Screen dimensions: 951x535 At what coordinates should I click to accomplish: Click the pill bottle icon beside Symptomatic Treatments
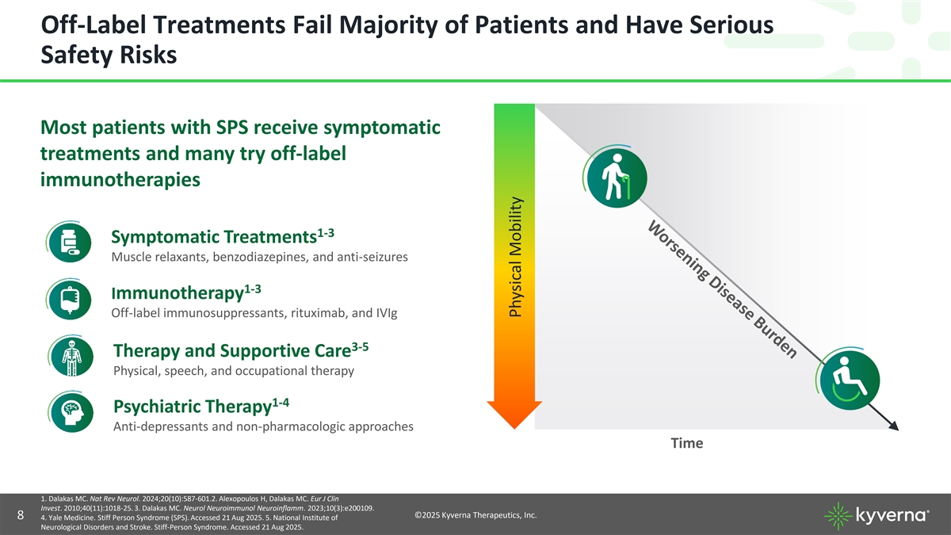70,243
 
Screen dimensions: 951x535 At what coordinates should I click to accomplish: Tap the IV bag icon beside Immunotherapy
70,300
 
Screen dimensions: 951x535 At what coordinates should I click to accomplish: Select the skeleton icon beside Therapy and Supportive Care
72,357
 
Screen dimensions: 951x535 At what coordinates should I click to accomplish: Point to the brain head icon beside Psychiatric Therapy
72,413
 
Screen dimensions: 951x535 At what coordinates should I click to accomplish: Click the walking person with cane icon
617,177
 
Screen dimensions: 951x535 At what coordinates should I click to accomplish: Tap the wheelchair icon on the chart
849,380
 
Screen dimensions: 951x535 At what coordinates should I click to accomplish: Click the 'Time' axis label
687,443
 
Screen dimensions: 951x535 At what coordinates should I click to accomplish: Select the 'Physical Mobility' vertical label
515,257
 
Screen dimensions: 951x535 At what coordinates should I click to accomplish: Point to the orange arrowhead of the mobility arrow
514,415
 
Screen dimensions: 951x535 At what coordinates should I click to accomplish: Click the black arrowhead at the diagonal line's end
893,426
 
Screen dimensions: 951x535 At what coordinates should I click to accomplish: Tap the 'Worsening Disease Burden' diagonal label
722,290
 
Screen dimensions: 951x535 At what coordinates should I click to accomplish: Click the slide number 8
21,515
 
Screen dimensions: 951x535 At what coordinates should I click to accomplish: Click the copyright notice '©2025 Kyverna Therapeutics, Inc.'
475,515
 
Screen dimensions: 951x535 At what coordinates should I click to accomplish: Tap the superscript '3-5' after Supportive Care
360,348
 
